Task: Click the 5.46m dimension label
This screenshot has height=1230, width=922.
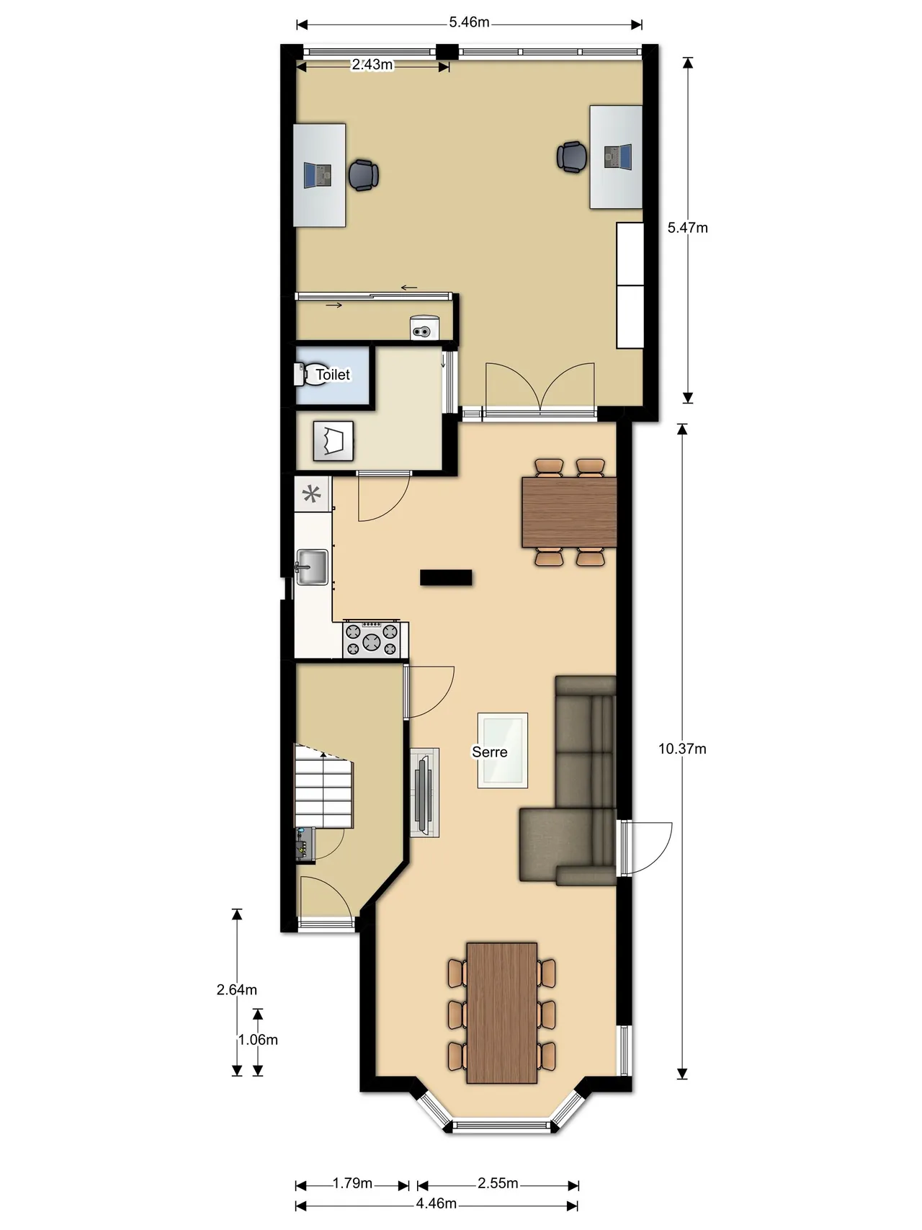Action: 469,22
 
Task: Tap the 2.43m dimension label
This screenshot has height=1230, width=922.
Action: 372,65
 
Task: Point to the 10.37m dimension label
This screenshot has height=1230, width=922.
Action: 682,749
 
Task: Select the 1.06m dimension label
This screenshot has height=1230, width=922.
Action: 258,1040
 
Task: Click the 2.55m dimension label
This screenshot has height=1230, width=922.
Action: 498,1183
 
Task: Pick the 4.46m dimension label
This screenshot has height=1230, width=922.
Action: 437,1203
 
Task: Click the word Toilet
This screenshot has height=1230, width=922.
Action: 333,375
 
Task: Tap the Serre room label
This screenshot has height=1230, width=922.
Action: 490,752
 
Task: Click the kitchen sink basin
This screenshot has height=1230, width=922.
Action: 312,567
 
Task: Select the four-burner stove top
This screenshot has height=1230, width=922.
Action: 372,639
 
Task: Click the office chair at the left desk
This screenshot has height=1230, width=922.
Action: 364,175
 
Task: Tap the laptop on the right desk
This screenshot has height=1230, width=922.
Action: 617,156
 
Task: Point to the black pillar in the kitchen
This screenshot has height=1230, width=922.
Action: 447,577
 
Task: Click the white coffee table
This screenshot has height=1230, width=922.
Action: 503,750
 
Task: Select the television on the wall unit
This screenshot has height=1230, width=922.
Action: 424,792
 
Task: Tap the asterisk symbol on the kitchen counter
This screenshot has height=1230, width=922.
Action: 312,494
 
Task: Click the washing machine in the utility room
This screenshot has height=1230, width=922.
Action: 334,441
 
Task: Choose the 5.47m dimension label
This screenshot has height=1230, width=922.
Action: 687,228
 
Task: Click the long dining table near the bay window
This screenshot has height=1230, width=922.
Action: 502,1013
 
